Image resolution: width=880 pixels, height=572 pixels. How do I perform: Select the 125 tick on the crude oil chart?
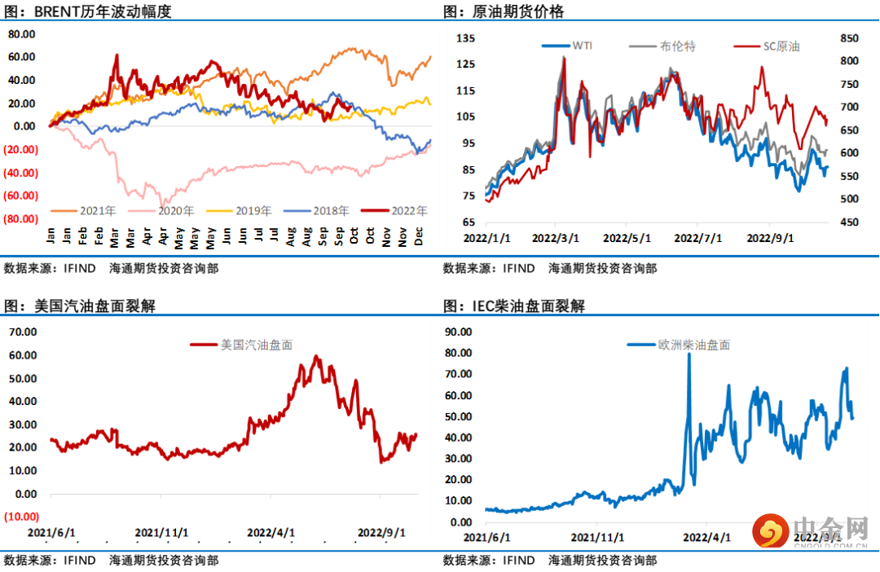point(464,64)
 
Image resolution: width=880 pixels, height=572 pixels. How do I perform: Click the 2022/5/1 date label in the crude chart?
point(627,239)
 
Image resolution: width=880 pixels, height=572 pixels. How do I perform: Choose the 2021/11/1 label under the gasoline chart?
point(161,532)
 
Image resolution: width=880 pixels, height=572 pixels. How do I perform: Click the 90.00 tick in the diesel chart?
point(456,332)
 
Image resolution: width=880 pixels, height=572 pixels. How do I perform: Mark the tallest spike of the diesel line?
point(689,354)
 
